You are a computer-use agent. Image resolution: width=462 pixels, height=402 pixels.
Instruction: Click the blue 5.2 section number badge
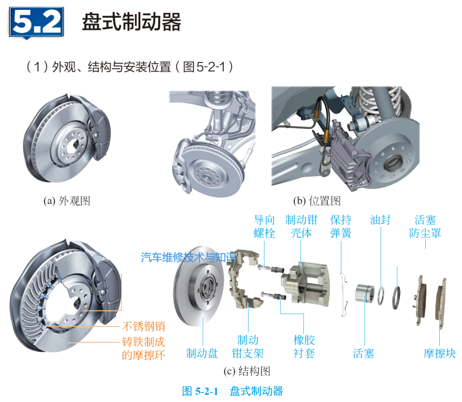(x=36, y=22)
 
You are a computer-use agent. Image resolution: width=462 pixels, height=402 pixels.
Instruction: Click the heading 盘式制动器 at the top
(x=131, y=22)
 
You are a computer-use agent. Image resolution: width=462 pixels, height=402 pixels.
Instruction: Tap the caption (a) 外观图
(x=67, y=201)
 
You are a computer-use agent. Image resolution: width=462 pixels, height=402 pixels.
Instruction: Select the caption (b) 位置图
(x=317, y=201)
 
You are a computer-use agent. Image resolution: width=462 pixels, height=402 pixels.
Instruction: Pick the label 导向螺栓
(x=264, y=226)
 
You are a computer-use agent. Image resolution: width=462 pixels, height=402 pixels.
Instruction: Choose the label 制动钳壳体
(x=301, y=226)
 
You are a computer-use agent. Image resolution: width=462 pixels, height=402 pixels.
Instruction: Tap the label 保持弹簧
(x=341, y=226)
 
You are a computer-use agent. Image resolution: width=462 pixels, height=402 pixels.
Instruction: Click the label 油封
(x=380, y=220)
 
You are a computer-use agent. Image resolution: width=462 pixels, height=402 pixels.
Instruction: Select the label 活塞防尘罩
(x=425, y=226)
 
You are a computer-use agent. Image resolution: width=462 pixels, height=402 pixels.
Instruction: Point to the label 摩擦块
(x=439, y=354)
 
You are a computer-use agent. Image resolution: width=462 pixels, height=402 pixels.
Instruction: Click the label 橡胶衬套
(x=304, y=346)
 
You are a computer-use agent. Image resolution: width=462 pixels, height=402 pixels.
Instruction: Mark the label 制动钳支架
(x=248, y=346)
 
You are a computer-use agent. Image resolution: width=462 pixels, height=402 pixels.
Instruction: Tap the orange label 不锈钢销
(x=144, y=327)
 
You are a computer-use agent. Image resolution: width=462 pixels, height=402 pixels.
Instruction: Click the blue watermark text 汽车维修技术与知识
(x=189, y=257)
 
